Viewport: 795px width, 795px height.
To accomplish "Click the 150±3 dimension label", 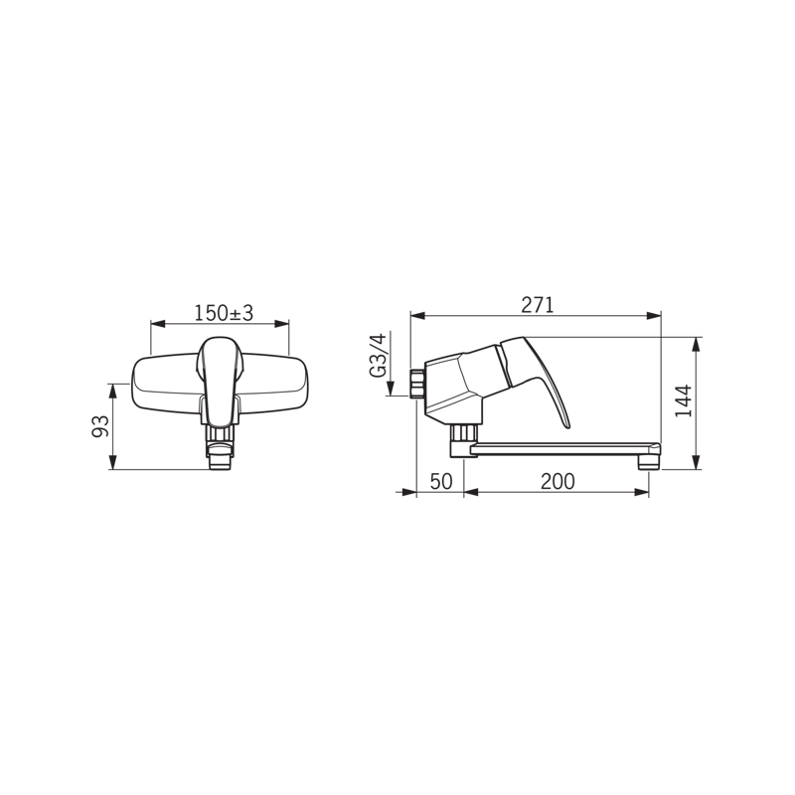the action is point(224,313).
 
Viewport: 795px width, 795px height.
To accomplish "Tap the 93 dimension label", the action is point(100,426).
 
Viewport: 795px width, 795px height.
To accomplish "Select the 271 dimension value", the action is point(538,305).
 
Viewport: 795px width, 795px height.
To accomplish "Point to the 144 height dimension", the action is point(684,401).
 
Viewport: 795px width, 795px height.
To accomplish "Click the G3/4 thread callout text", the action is point(379,356).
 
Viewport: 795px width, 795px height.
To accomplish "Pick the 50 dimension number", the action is point(440,481).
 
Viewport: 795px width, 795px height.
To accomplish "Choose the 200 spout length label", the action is point(557,481).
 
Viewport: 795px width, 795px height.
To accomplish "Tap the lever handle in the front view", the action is point(220,381).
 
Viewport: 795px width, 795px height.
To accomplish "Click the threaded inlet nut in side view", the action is point(416,384).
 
